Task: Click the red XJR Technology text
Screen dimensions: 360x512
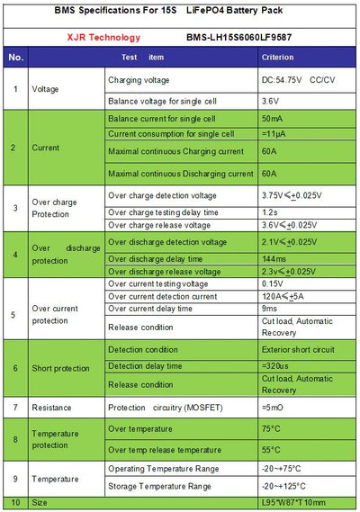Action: [75, 38]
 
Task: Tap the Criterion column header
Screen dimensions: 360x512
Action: [277, 58]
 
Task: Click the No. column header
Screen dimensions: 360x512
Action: [15, 58]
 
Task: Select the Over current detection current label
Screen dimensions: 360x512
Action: [162, 296]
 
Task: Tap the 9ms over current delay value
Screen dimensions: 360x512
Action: [270, 308]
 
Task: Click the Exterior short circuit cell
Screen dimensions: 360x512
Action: [298, 349]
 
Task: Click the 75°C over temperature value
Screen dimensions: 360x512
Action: [271, 429]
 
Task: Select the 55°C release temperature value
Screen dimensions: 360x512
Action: [271, 448]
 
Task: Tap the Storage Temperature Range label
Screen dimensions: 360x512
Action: [160, 486]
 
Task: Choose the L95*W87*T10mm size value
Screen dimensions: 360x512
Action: [292, 503]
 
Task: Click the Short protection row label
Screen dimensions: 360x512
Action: [61, 368]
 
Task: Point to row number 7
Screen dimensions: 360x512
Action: [15, 408]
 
